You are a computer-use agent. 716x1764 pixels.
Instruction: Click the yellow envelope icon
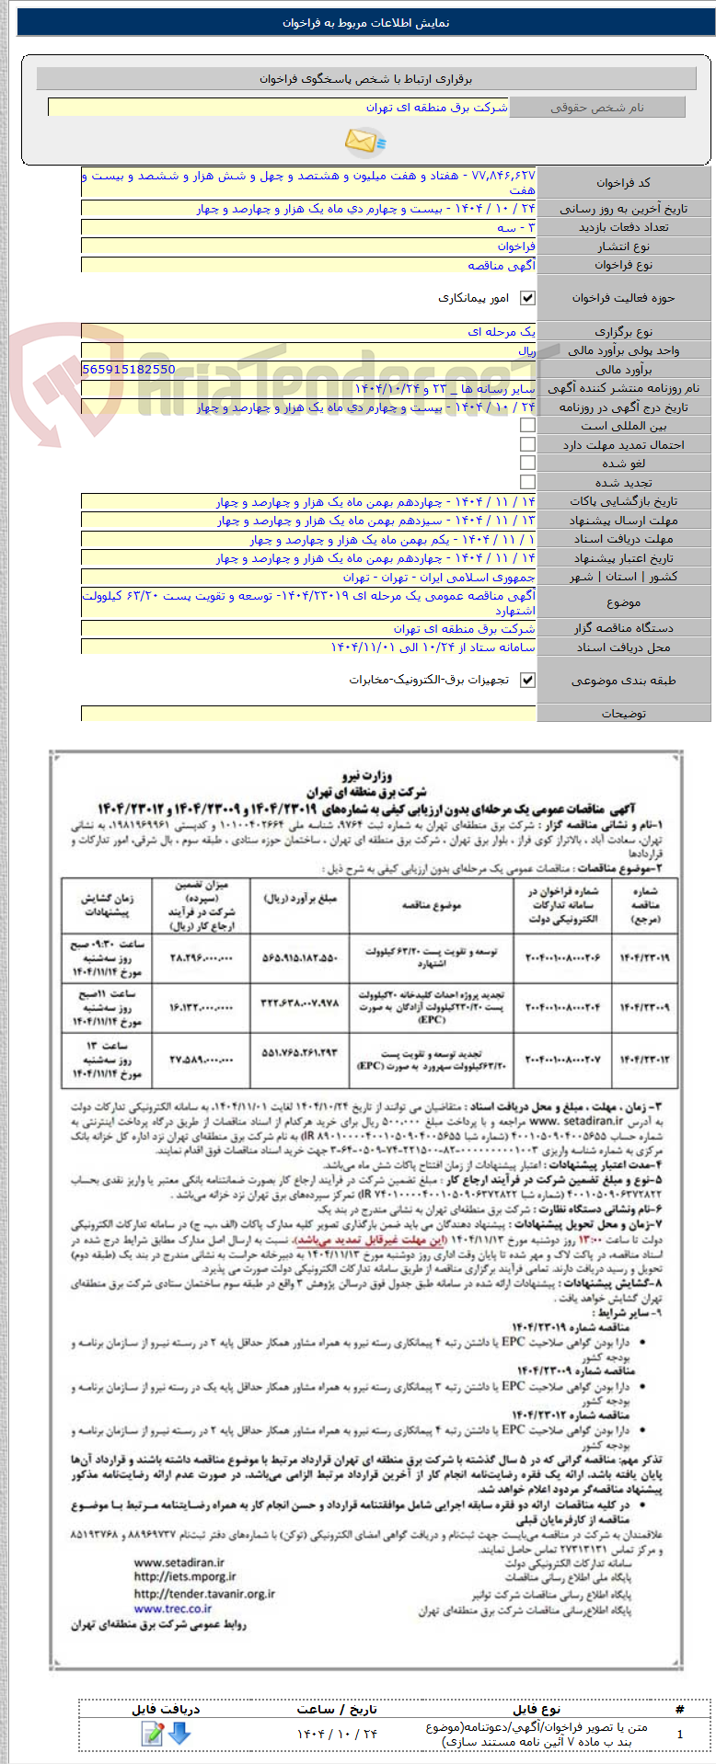point(364,141)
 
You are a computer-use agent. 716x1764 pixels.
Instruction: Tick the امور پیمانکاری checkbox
point(527,298)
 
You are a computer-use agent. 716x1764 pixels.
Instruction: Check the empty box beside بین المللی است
point(527,426)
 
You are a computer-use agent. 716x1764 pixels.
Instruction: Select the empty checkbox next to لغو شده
point(527,464)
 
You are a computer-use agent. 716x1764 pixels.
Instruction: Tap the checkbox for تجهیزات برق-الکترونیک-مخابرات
point(527,681)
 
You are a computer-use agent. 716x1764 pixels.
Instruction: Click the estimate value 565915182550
point(129,369)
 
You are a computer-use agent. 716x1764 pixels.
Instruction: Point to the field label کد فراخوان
point(623,183)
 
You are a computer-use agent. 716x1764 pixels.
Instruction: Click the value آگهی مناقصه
point(502,265)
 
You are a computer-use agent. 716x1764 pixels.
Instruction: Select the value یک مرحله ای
point(502,332)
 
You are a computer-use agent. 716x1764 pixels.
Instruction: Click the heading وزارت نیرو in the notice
point(365,775)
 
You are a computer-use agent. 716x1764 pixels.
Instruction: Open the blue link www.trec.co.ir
point(172,1609)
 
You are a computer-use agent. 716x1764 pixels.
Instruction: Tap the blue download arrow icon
point(179,1734)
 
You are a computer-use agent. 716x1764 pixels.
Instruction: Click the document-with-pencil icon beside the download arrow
point(153,1734)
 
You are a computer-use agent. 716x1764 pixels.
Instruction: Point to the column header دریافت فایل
point(166,1709)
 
